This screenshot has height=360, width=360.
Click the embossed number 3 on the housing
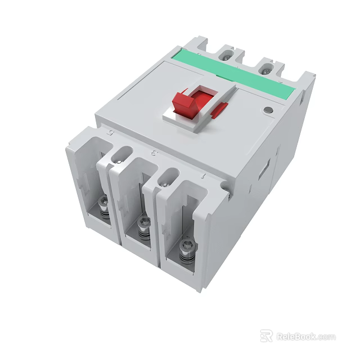tap(155, 152)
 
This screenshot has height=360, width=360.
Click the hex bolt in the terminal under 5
tap(103, 205)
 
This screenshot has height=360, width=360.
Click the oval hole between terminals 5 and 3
tap(123, 154)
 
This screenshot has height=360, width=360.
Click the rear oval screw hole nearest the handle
tap(225, 55)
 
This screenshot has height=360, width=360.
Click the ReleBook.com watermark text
tap(305, 337)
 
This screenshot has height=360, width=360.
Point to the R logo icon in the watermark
tap(266, 336)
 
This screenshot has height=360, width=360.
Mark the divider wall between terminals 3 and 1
tap(155, 219)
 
